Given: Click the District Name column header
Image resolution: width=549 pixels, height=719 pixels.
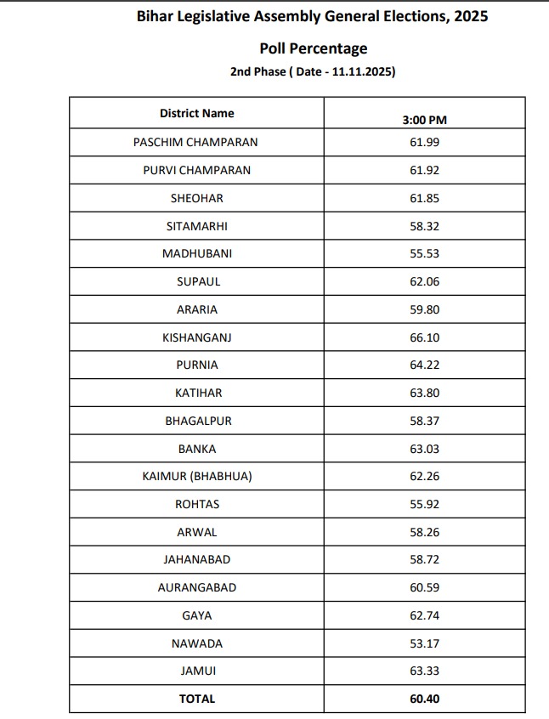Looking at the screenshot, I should click(196, 113).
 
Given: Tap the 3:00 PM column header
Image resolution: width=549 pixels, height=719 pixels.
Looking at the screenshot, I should click(424, 120).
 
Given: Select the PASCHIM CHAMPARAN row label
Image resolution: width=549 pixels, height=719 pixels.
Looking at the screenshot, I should click(195, 142).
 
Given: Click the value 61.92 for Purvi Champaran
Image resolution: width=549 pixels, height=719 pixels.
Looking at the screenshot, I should click(424, 170).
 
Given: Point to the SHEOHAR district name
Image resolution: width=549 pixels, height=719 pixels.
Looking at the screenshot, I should click(196, 198).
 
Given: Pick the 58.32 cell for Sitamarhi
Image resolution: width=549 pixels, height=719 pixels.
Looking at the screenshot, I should click(424, 226).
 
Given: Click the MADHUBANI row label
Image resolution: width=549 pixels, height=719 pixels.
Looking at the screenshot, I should click(196, 253).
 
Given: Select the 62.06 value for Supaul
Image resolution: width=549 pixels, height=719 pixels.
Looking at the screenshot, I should click(424, 281).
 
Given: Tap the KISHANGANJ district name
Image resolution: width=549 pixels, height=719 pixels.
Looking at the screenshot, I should click(196, 337).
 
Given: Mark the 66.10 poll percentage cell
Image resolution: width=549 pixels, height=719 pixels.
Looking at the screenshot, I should click(424, 337).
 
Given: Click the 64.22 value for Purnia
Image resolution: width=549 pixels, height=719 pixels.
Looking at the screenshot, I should click(424, 365).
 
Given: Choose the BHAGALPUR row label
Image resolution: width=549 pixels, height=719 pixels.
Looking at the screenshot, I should click(196, 421).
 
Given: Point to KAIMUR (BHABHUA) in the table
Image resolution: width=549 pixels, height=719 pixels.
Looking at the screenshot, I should click(196, 476).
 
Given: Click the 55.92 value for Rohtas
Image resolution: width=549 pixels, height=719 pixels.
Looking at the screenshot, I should click(424, 504).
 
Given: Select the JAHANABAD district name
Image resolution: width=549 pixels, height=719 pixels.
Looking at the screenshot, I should click(196, 559).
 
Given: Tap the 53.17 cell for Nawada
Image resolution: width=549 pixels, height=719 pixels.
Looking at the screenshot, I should click(424, 643).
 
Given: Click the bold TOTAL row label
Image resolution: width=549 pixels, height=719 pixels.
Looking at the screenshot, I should click(196, 699).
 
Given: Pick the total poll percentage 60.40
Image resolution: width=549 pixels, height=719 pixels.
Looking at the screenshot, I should click(424, 699).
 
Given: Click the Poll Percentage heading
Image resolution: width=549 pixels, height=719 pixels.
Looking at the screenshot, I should click(313, 48).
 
